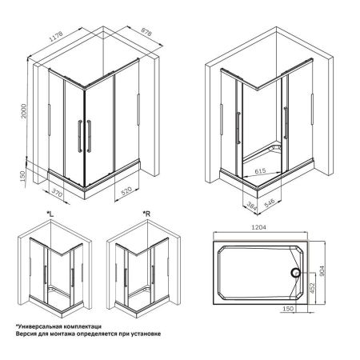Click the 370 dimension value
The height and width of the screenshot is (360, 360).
(x=56, y=193)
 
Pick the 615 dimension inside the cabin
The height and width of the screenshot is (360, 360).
(x=262, y=171)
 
